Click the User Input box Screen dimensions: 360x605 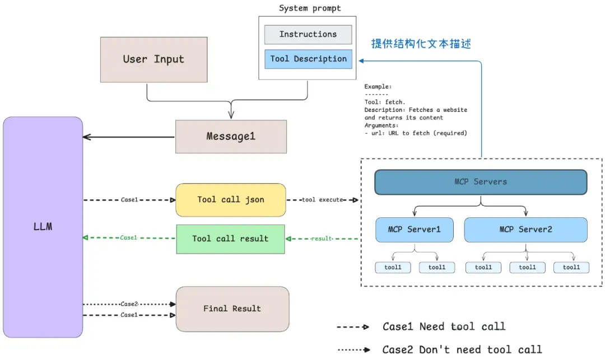tap(153, 59)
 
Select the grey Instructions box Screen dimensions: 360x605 tap(308, 34)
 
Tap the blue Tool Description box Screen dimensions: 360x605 tap(308, 59)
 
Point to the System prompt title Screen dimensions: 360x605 tap(309, 8)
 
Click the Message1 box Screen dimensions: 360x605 tap(231, 137)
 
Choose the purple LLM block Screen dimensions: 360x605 tap(43, 227)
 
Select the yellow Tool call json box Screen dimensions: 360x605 tap(231, 200)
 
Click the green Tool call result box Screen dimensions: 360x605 tap(230, 239)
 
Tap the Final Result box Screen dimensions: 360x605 tap(232, 308)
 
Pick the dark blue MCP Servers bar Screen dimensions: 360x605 tap(481, 182)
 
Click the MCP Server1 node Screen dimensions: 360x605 tap(415, 230)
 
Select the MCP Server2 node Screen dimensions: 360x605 tap(526, 230)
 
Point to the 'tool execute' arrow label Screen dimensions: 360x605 tap(322, 200)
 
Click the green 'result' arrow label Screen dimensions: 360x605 tap(322, 239)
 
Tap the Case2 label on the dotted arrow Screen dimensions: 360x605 tap(129, 304)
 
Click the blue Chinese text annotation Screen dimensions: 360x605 tap(421, 44)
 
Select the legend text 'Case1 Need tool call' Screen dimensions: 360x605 tap(444, 326)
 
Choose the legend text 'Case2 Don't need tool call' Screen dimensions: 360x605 tap(462, 350)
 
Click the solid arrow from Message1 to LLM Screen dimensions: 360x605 tap(129, 137)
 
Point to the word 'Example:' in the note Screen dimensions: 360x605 tap(378, 87)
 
